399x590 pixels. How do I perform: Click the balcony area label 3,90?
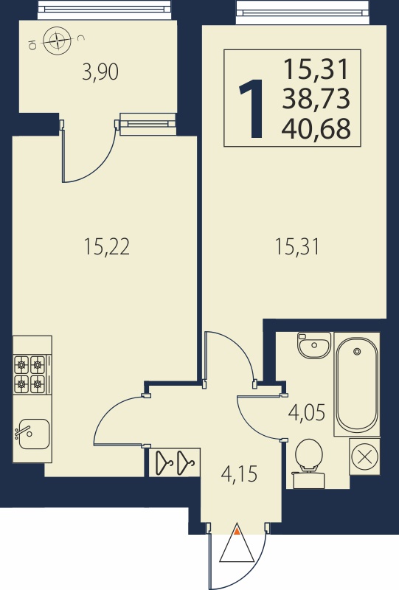click(x=100, y=72)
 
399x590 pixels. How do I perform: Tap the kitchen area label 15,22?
click(x=107, y=247)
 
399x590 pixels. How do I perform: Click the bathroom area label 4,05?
click(x=307, y=412)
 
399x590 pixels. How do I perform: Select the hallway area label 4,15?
click(x=240, y=473)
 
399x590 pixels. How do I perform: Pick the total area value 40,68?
click(x=316, y=128)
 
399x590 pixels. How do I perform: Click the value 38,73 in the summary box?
click(x=316, y=99)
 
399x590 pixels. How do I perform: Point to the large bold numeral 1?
click(x=251, y=108)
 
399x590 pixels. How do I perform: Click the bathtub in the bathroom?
click(x=356, y=384)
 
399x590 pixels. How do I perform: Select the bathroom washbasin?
click(x=314, y=344)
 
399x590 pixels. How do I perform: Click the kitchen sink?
click(x=33, y=434)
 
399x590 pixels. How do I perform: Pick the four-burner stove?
click(x=30, y=375)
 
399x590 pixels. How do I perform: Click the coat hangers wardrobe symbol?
click(x=175, y=462)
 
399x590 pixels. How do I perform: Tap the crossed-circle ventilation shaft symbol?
click(x=364, y=457)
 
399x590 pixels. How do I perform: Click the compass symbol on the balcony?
click(x=57, y=40)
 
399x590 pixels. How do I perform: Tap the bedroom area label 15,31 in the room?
click(x=297, y=247)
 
